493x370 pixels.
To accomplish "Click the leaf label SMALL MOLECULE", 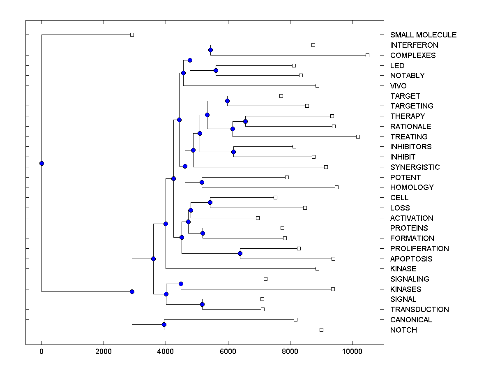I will pos(423,35).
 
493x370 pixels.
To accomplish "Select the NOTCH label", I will pos(403,330).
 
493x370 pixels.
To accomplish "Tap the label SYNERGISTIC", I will pos(415,167).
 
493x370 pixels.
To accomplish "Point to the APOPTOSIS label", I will pos(411,259).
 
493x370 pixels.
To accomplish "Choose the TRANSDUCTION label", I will pos(419,310).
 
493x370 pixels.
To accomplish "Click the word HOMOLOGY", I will pos(412,187).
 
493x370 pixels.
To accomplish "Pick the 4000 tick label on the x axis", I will pos(166,351).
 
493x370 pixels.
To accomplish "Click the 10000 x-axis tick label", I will pos(352,351).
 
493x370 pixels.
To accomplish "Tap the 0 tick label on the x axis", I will pos(41,351).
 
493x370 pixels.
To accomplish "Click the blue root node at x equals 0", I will pos(41,163).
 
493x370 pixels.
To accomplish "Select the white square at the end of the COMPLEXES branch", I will pos(368,55).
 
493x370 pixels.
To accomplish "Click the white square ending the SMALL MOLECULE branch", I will pos(132,35).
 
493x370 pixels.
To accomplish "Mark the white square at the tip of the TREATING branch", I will pos(358,136).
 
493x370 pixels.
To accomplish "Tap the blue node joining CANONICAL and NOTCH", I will pos(164,325).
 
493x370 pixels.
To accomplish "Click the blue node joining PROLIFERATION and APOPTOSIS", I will pos(240,253).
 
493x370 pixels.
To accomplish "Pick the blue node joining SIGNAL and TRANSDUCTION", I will pos(202,304).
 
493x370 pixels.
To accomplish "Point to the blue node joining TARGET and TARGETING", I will pos(227,101).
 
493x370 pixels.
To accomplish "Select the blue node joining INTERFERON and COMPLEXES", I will pos(210,50).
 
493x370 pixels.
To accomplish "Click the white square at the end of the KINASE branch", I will pos(317,268).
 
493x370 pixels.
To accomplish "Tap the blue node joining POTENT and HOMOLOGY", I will pos(202,182).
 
